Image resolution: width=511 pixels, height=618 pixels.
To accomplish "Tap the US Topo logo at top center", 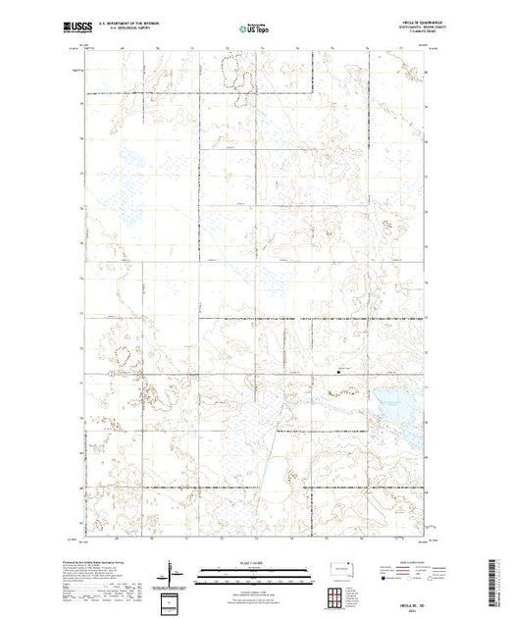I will click(x=253, y=29).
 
